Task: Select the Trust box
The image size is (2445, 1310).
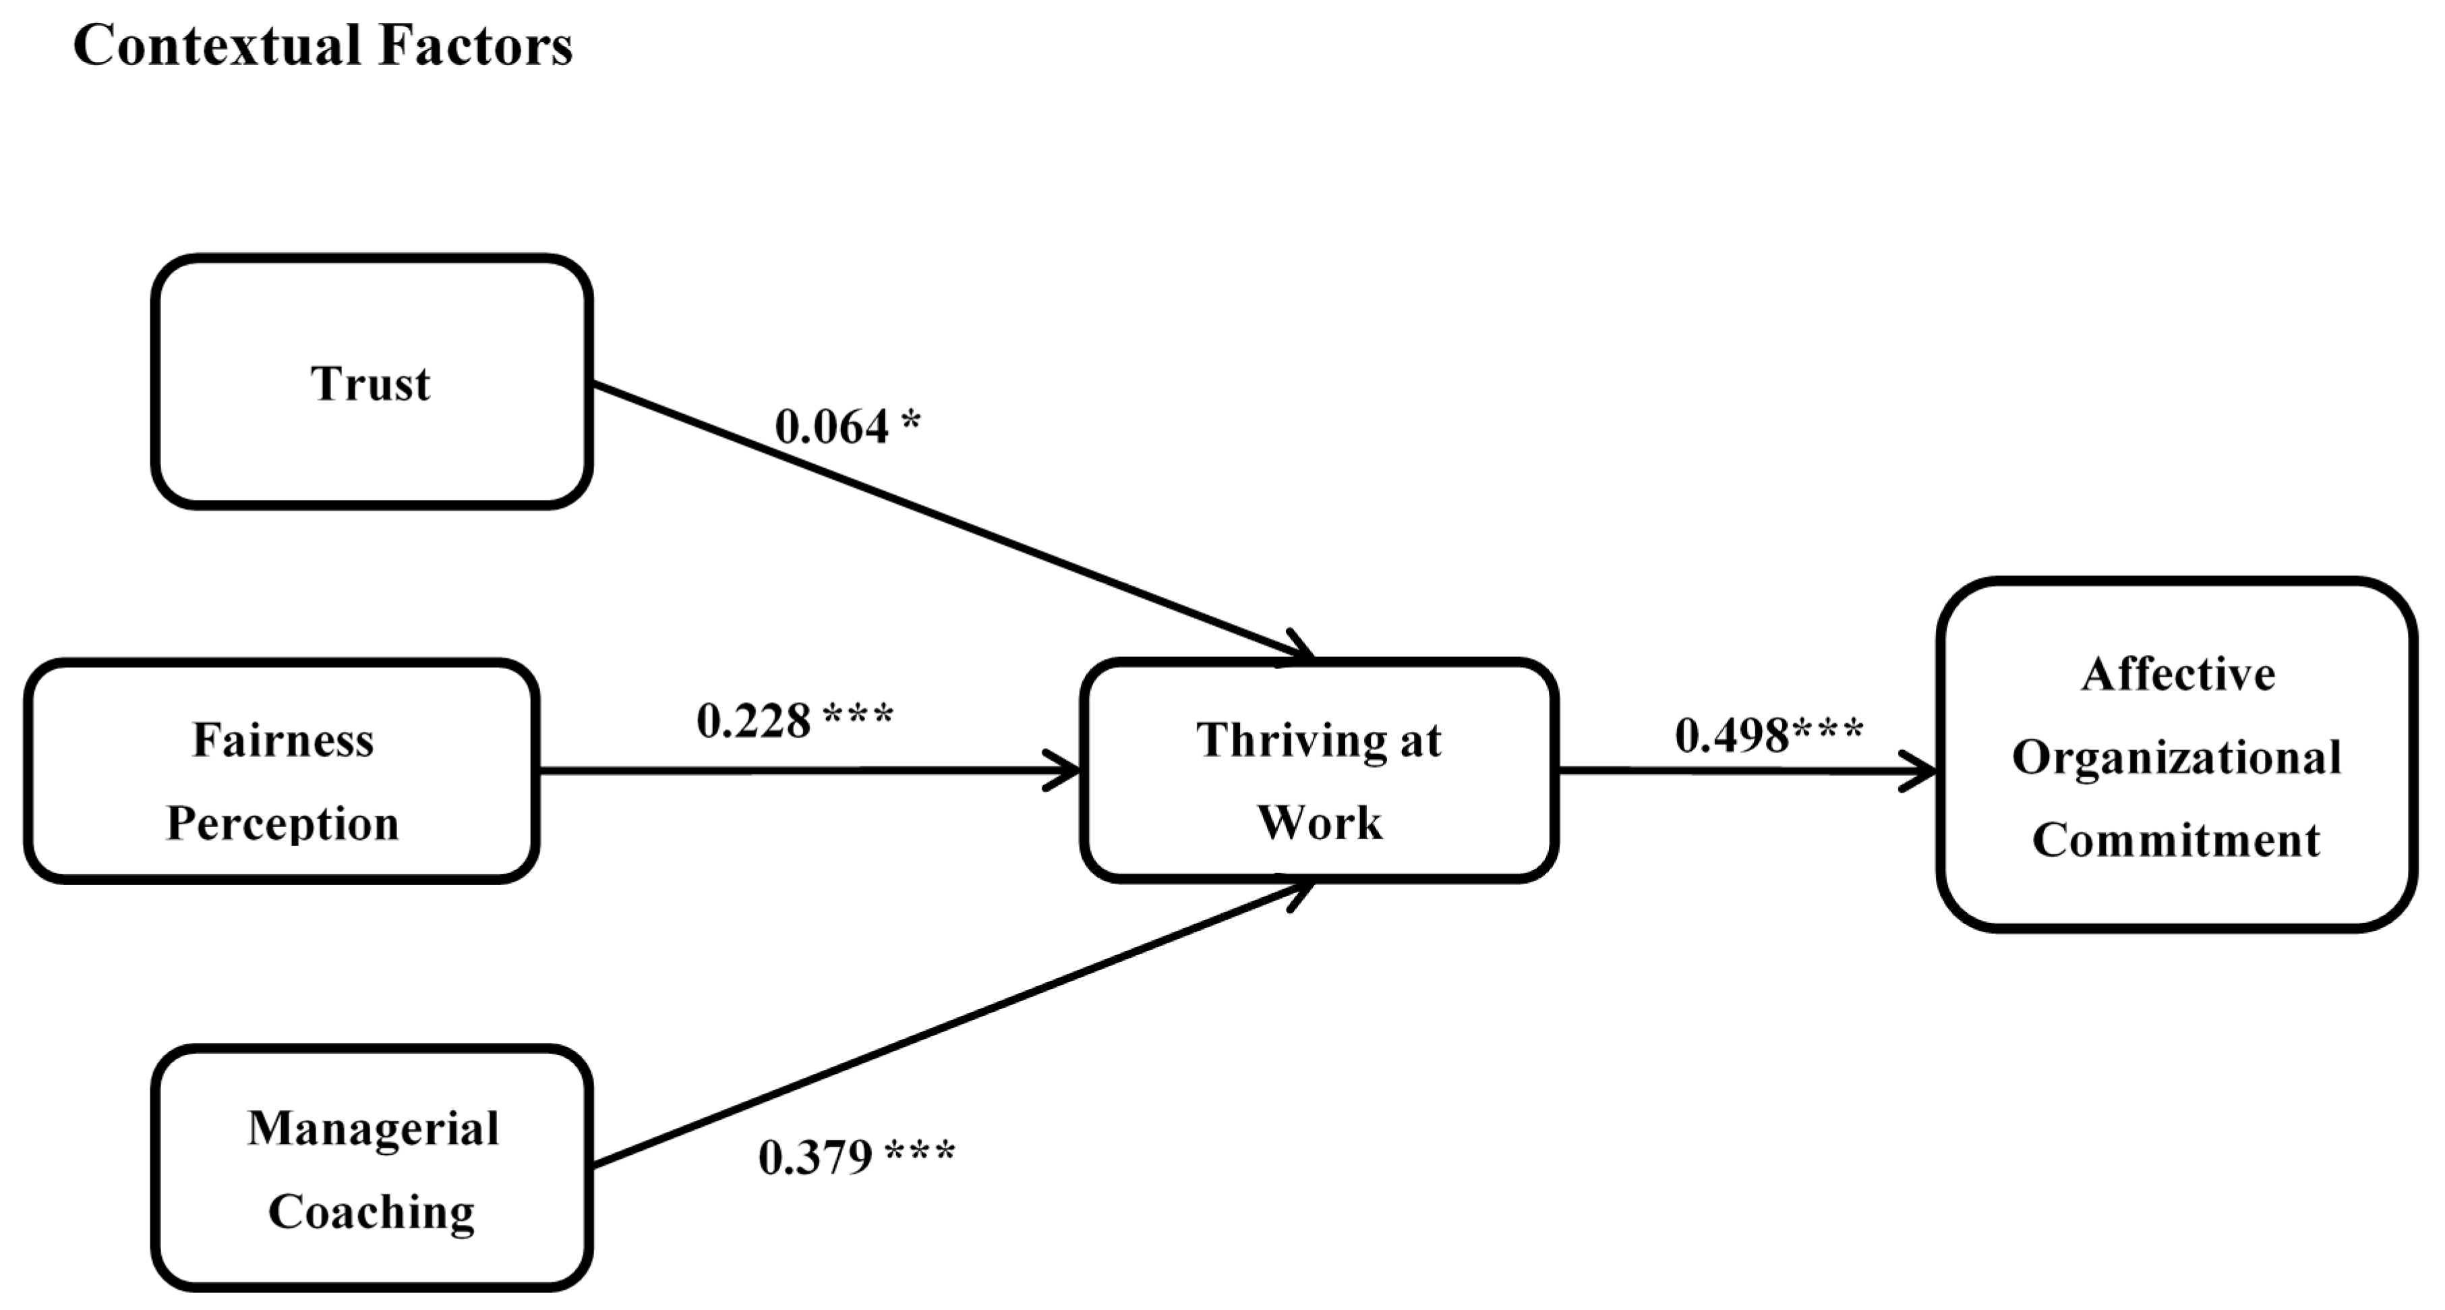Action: click(x=371, y=382)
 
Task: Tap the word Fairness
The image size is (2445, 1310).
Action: click(x=283, y=741)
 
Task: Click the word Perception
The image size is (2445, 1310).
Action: click(x=283, y=824)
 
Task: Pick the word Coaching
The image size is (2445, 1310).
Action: click(x=371, y=1212)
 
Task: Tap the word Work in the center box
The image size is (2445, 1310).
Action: click(x=1320, y=823)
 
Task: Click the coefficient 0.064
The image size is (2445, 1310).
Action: click(x=831, y=427)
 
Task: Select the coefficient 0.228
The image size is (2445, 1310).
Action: click(x=754, y=722)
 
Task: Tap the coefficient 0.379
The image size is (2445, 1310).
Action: click(x=815, y=1157)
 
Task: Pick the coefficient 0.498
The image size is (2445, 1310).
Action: click(x=1732, y=736)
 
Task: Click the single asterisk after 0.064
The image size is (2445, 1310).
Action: click(x=910, y=420)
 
